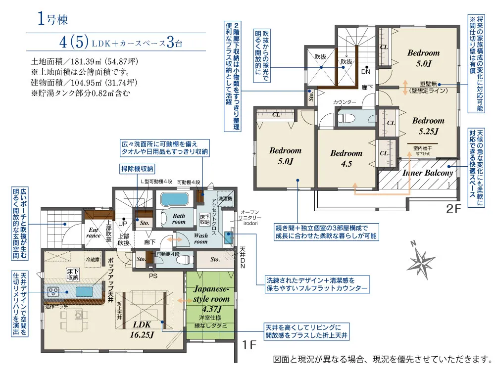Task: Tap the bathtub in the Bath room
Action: pos(173,200)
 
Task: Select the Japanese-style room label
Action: pos(211,294)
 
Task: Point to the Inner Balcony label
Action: pos(428,173)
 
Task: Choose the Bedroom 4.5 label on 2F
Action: pos(346,158)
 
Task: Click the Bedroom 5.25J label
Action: pos(428,125)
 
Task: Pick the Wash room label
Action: pos(200,238)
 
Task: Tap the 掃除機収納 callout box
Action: pos(137,168)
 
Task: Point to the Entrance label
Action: pos(94,233)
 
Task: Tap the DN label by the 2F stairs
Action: pos(367,71)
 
